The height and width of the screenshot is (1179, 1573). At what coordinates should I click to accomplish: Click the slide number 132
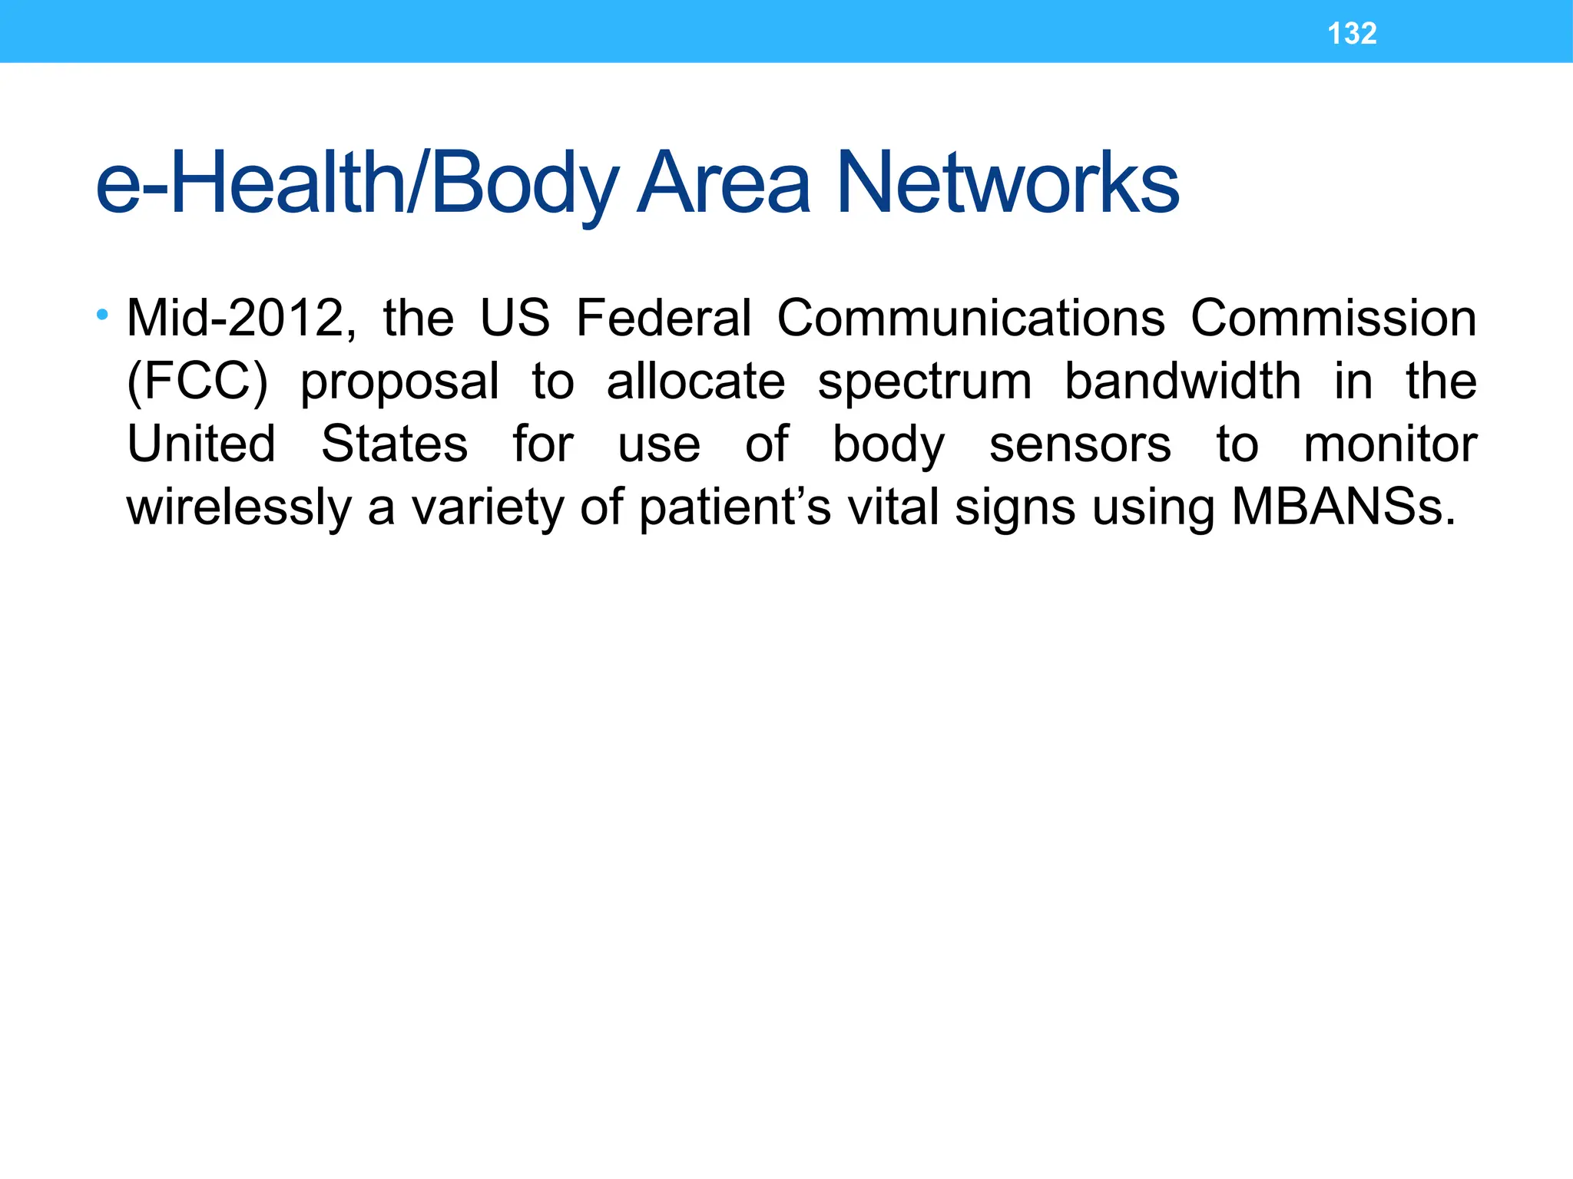[x=1352, y=34]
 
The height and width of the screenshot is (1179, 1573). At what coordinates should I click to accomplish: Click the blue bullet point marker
[x=103, y=314]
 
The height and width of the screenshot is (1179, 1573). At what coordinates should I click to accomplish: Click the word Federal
[x=664, y=318]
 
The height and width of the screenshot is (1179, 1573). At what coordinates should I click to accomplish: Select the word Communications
[x=971, y=318]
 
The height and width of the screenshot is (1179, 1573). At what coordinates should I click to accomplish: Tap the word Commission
[x=1333, y=318]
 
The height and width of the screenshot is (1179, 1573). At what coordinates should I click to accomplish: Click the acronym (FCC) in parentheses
[x=197, y=381]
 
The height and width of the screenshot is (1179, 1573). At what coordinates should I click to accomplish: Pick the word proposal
[x=399, y=381]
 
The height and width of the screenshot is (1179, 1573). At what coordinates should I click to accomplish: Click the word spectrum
[x=925, y=381]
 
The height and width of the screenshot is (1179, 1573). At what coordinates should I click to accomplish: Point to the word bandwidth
[x=1183, y=381]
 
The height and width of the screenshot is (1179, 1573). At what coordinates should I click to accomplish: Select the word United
[x=201, y=444]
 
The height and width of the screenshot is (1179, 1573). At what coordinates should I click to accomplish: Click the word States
[x=394, y=444]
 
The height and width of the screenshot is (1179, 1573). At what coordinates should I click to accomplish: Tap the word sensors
[x=1080, y=444]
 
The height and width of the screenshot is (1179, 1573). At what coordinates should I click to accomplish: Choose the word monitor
[x=1390, y=444]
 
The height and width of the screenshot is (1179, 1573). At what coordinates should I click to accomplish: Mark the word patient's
[x=735, y=508]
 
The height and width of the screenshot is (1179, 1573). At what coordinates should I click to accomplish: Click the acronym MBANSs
[x=1343, y=508]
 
